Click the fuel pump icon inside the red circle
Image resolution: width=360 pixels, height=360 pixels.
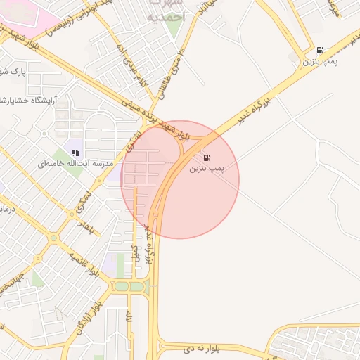[x=207, y=157]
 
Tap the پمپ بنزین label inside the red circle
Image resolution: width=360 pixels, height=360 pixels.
[x=207, y=169]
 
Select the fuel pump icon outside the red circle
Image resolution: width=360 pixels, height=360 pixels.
[x=321, y=51]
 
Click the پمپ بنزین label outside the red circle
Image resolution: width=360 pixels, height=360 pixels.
[x=321, y=63]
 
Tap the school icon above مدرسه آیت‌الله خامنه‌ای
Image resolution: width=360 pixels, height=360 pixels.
[x=75, y=152]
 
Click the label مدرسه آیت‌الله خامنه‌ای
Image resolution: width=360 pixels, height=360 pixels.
[x=70, y=164]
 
